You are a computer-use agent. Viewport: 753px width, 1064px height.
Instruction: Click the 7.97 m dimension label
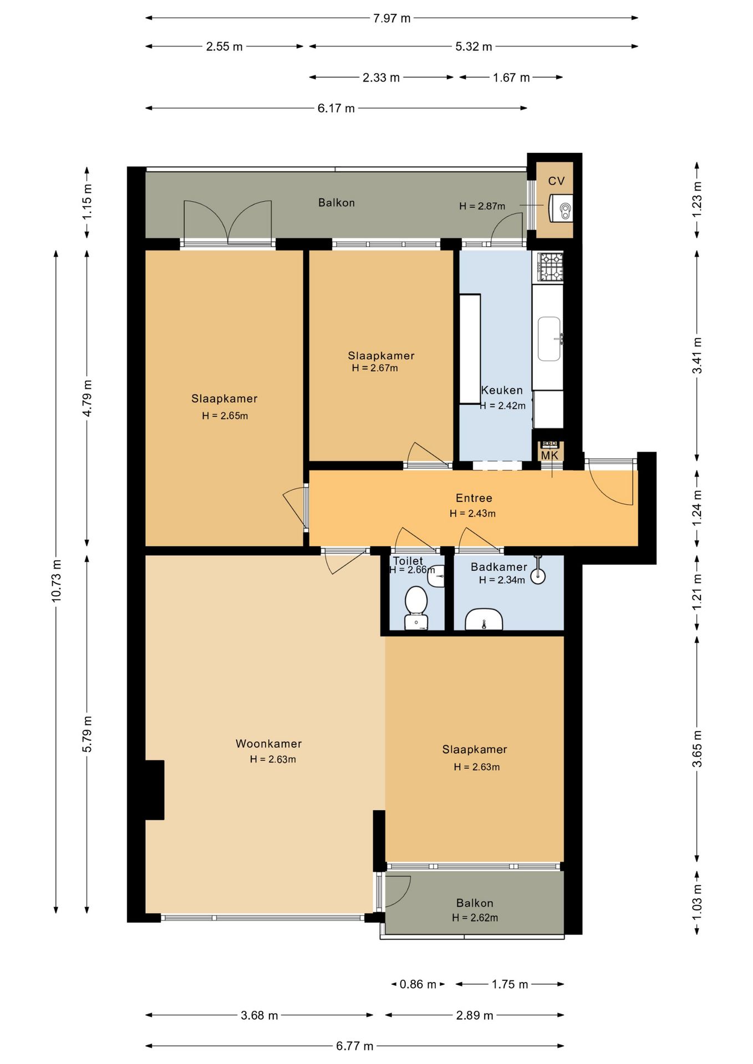(391, 18)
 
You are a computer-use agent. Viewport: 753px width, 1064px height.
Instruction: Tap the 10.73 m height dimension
(57, 581)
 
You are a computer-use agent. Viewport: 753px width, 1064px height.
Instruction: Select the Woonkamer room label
(268, 744)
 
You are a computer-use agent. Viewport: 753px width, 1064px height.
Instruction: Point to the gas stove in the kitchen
(550, 267)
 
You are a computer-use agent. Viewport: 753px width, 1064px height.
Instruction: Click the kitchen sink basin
(550, 339)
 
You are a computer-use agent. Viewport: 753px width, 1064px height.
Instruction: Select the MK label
(550, 456)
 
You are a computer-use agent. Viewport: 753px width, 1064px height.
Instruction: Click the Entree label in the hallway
(474, 498)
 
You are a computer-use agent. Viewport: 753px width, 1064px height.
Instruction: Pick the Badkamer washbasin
(484, 620)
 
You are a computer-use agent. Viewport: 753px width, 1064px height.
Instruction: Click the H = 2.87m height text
(482, 206)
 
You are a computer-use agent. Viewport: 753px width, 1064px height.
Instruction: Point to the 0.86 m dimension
(418, 984)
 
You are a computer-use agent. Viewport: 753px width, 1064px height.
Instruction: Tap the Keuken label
(502, 390)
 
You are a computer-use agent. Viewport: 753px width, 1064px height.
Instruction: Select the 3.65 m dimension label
(697, 748)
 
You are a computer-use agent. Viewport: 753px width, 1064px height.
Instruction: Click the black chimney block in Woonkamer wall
(155, 790)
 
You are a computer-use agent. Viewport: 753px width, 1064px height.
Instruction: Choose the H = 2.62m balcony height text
(475, 918)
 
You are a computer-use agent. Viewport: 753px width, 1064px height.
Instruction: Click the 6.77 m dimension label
(354, 1046)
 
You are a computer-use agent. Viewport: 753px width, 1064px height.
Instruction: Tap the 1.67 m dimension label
(511, 78)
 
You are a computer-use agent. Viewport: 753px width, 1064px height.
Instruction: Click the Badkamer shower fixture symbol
(538, 571)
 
